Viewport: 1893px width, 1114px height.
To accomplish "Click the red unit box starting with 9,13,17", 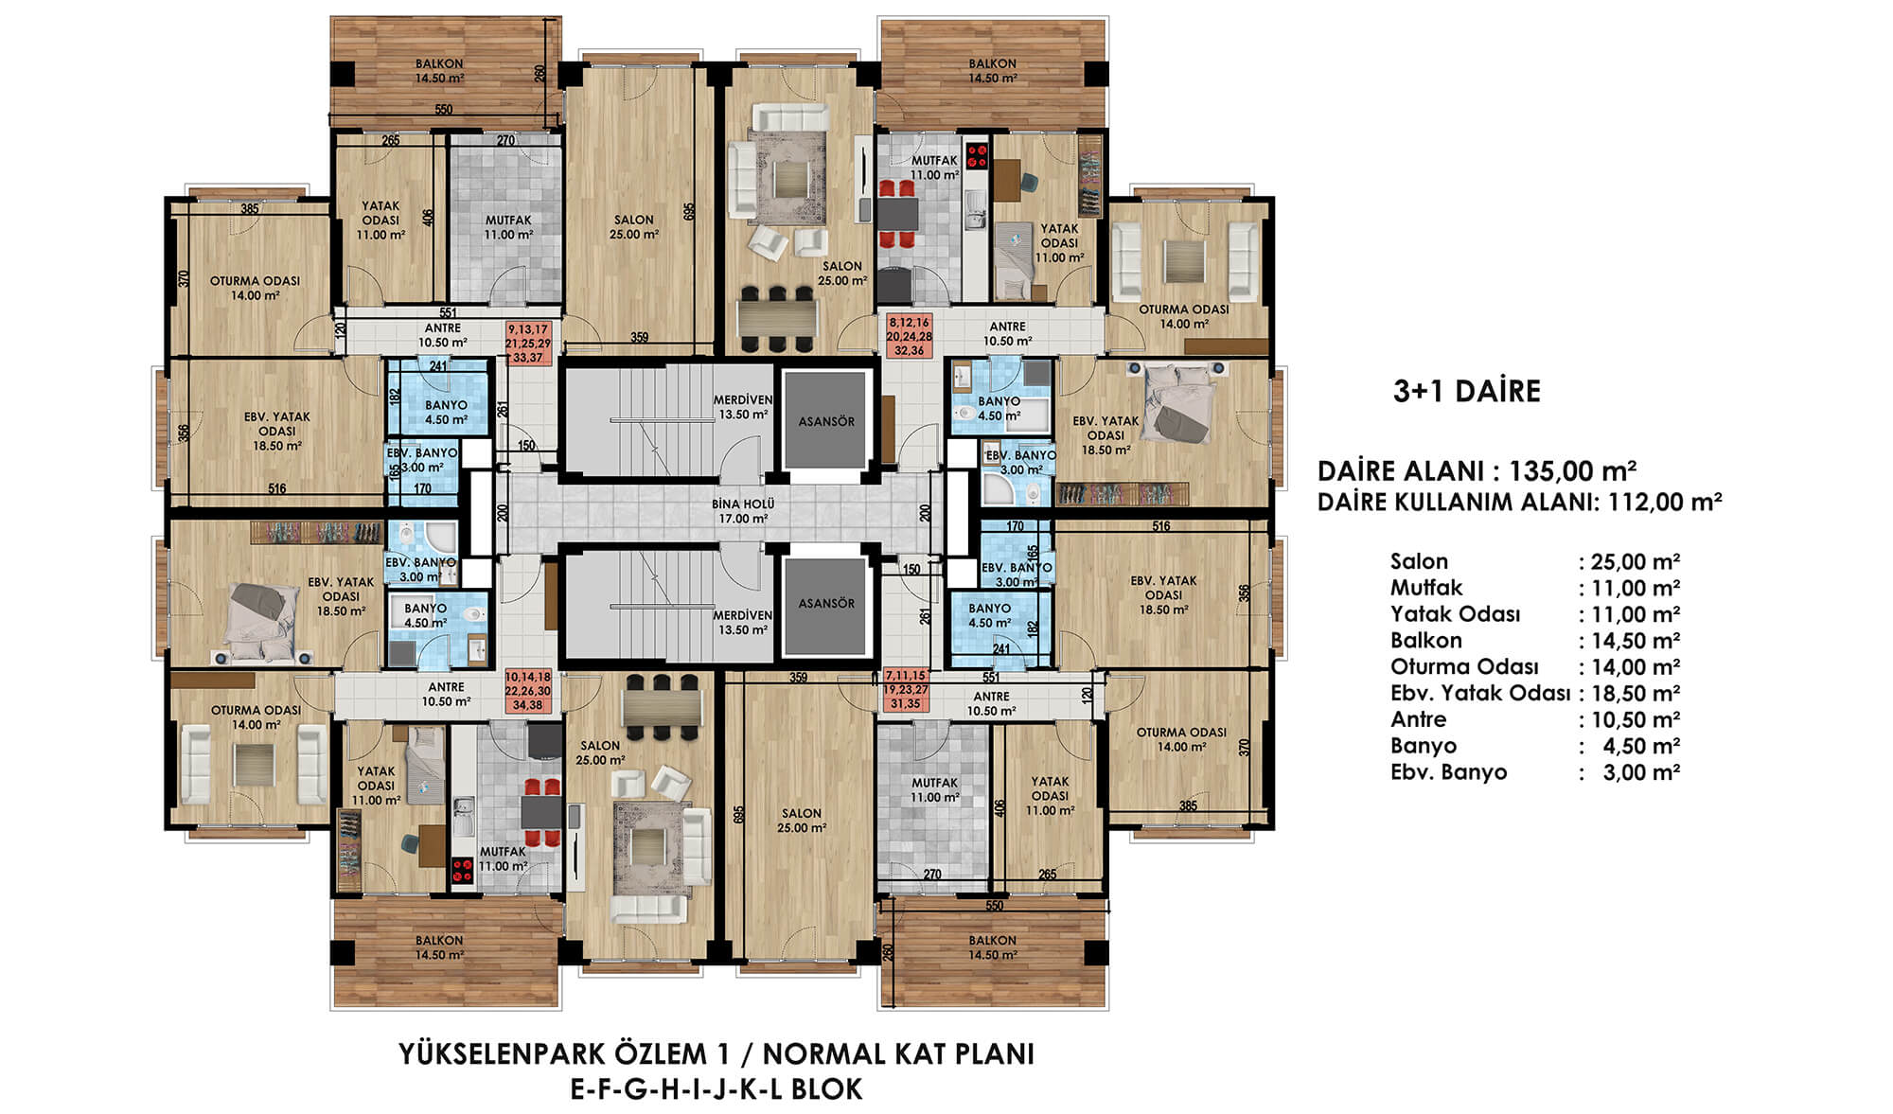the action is [x=529, y=343].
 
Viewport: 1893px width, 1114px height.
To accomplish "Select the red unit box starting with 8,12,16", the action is [x=910, y=336].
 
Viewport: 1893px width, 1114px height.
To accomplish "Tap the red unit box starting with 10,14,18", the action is [x=528, y=691].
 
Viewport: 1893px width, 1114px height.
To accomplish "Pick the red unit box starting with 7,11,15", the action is [x=906, y=690].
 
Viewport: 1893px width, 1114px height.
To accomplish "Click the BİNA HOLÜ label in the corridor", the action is [x=743, y=504].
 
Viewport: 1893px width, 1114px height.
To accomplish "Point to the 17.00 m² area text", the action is [x=743, y=519].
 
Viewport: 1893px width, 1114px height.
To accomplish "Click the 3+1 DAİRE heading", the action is [x=1466, y=391].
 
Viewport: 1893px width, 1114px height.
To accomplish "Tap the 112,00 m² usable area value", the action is [x=1664, y=502].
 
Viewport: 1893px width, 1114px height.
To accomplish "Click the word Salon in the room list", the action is [x=1419, y=561].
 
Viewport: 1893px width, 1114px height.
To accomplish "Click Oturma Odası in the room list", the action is [x=1464, y=666].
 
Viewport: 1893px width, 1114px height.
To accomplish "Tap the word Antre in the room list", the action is [x=1418, y=719].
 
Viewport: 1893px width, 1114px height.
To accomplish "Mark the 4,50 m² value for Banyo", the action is [x=1641, y=746].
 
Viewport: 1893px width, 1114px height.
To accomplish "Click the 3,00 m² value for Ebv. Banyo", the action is [x=1641, y=772].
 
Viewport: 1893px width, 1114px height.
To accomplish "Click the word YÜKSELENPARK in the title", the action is [x=493, y=1054].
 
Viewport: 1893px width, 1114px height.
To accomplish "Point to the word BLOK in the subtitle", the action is [x=827, y=1089].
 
